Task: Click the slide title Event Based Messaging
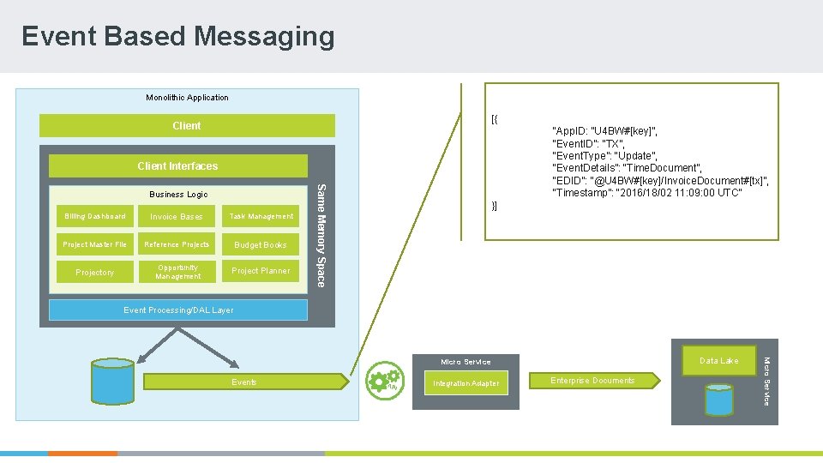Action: [x=178, y=36]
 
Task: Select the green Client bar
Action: [x=186, y=126]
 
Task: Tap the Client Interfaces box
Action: [x=177, y=165]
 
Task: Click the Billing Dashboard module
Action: [x=94, y=216]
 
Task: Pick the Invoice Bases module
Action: [x=177, y=216]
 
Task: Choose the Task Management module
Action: [x=261, y=216]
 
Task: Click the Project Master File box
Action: [x=94, y=244]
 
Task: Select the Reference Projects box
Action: [x=177, y=244]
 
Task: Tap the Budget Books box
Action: [x=261, y=244]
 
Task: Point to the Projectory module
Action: [x=94, y=272]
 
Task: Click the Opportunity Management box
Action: [x=177, y=272]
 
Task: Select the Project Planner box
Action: [x=261, y=271]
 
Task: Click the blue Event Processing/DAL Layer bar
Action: [x=177, y=310]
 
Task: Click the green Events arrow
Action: [x=244, y=382]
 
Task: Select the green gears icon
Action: [x=383, y=381]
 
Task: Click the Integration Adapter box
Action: [x=466, y=383]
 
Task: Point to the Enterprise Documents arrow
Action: [x=593, y=381]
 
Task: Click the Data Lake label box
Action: [x=718, y=361]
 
